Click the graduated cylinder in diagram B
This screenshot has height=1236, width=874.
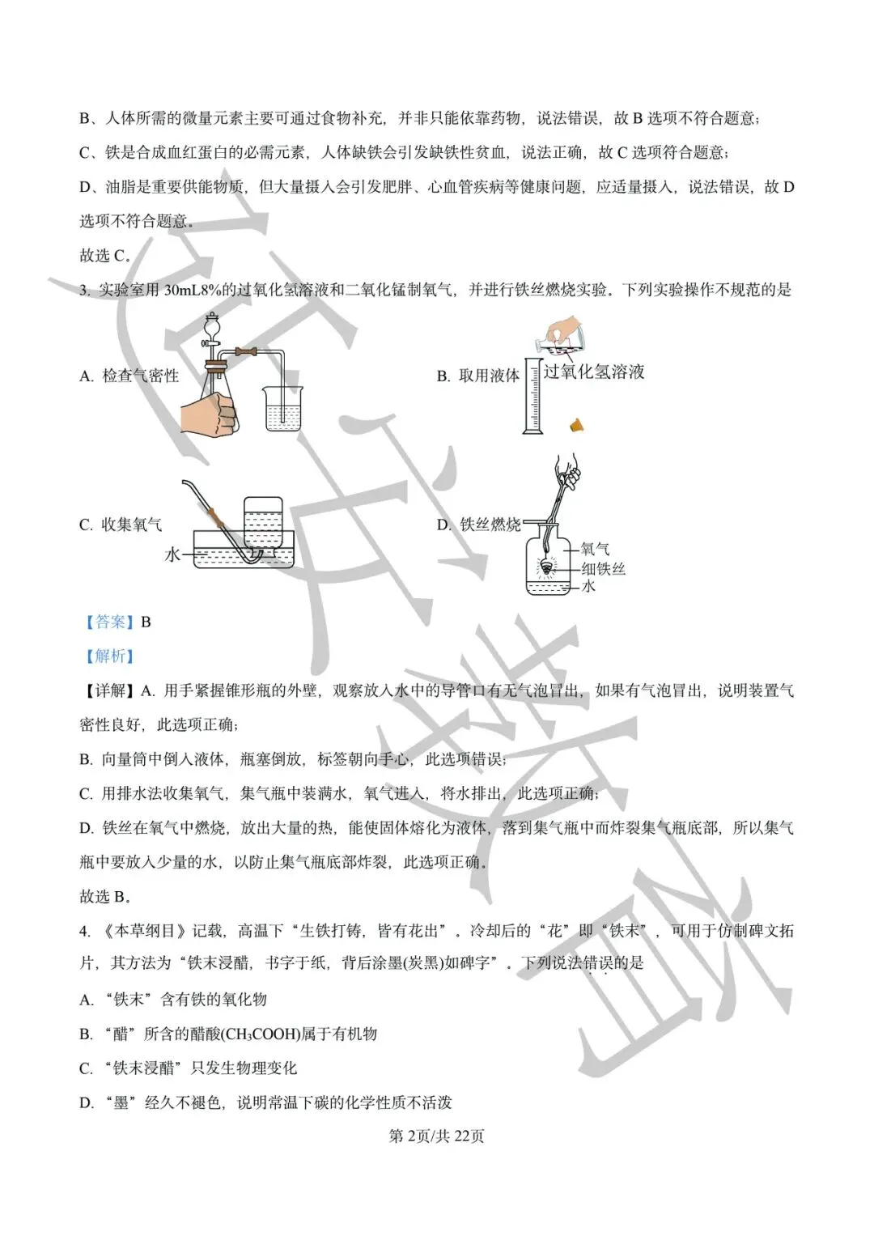532,397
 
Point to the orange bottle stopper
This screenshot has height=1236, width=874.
577,423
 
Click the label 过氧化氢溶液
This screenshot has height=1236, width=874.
594,372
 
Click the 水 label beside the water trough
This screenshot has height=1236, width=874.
172,555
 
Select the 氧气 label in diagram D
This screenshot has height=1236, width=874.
596,550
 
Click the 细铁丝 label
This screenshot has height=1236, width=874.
603,569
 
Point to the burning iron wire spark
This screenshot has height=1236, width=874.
548,568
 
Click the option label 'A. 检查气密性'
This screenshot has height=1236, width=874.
129,376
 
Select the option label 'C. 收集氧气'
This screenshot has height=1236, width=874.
121,525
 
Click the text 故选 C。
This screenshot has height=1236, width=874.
105,256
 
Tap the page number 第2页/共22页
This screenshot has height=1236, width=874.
436,1136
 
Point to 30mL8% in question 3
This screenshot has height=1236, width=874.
192,290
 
